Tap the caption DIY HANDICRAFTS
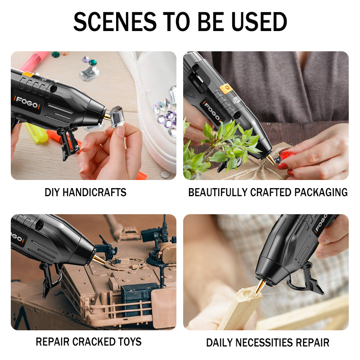(x=85, y=192)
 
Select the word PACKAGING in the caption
(x=321, y=192)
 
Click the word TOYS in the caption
(x=130, y=342)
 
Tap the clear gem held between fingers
(x=117, y=117)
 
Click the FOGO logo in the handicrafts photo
(x=27, y=103)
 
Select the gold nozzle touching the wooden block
(x=261, y=286)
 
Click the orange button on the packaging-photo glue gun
(x=226, y=89)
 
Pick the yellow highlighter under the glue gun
(x=37, y=133)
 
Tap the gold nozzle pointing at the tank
(x=99, y=259)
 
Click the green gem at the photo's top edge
(x=56, y=54)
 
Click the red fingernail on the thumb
(x=283, y=166)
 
